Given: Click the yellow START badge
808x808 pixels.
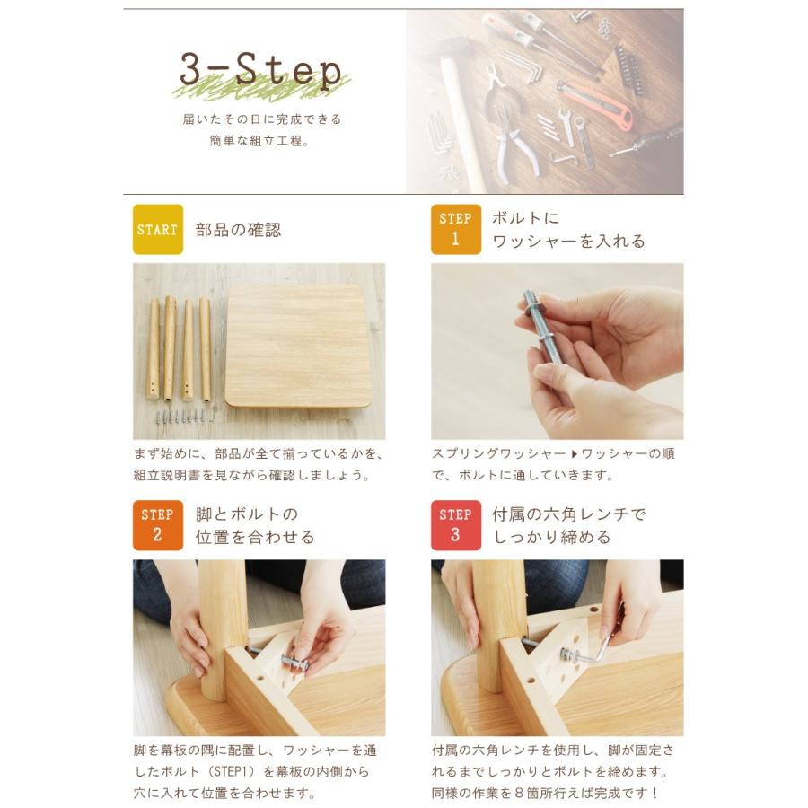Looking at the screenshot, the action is pos(158,229).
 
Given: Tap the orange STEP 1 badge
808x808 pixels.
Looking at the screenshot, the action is pos(455,229).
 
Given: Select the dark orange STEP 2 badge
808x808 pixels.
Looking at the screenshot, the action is pos(158,525).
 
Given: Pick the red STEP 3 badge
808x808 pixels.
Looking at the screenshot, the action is pos(455,525).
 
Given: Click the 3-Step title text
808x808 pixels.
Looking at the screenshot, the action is pos(260,71).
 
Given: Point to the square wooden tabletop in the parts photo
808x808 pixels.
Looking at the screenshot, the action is pos(299,346).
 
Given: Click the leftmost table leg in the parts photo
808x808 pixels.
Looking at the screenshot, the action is pos(153,349).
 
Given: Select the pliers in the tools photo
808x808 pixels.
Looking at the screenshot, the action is pos(507,128).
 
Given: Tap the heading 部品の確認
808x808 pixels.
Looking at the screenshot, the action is pos(238,230).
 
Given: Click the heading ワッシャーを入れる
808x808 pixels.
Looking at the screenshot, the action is pos(568,242).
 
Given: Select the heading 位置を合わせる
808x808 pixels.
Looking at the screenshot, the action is pos(255,537).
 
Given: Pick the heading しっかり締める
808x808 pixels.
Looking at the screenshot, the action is pos(552,537).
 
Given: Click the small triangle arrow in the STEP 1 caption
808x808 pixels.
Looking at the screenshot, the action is pos(574,454).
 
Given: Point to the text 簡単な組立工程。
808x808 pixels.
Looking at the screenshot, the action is pos(259,141).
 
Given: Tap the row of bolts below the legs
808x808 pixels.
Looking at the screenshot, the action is pos(186,415).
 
